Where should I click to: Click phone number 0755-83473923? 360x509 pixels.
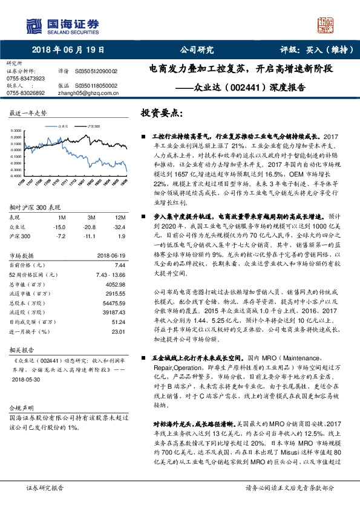(x=25, y=79)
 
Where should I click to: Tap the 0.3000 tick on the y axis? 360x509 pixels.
(x=18, y=131)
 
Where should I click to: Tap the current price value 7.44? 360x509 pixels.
(x=119, y=264)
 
